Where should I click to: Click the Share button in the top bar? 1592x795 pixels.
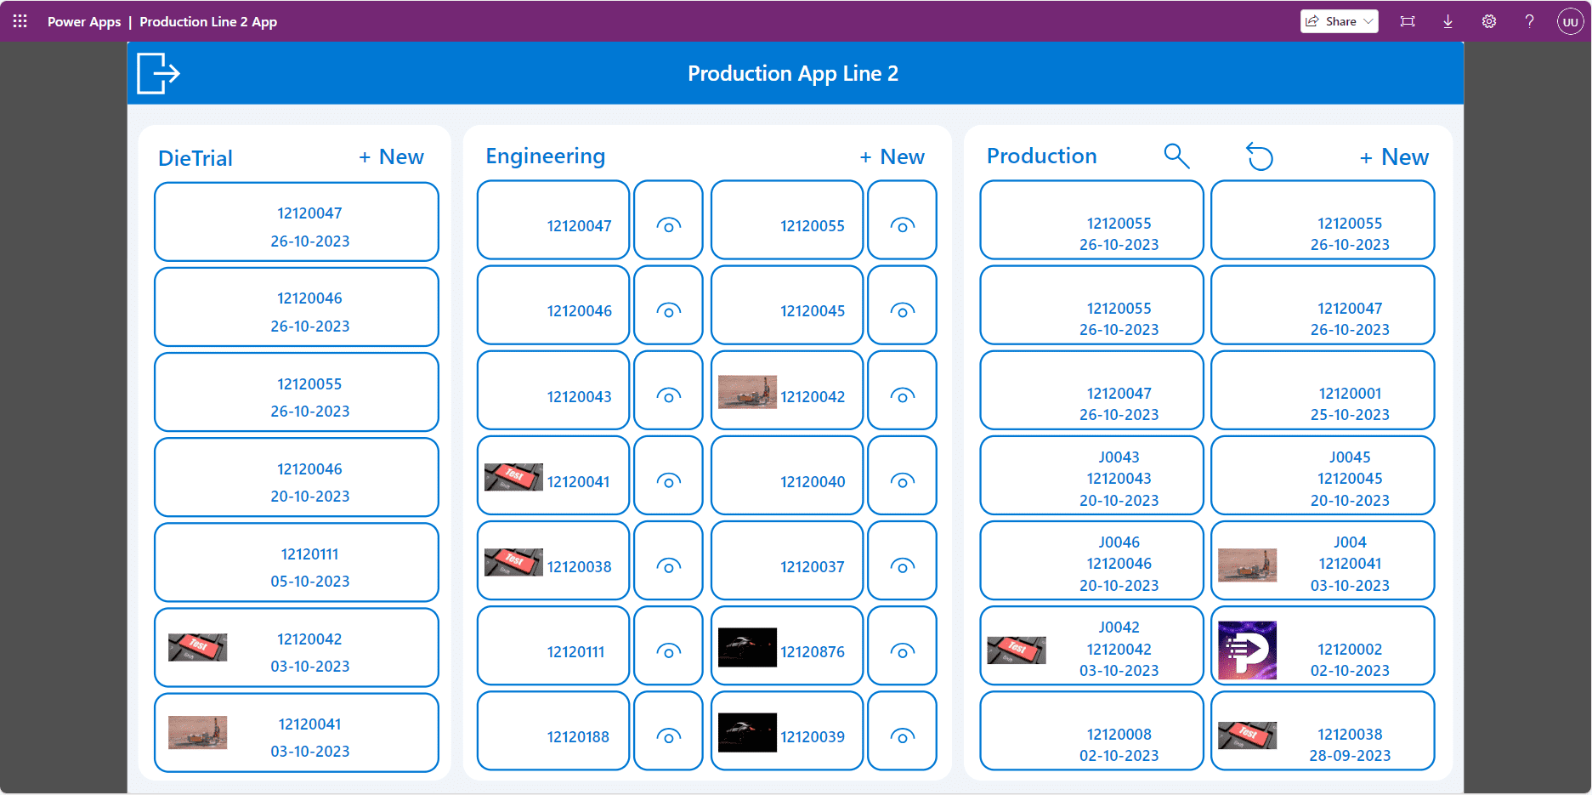[x=1339, y=21]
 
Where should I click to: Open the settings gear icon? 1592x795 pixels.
[x=1489, y=21]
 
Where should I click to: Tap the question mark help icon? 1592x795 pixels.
[x=1529, y=21]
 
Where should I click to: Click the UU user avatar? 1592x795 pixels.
[x=1570, y=21]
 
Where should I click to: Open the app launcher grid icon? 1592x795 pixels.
[x=20, y=21]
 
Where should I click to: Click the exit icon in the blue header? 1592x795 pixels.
[x=158, y=73]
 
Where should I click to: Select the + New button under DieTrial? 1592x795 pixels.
[x=391, y=157]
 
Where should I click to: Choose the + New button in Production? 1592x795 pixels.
[x=1394, y=157]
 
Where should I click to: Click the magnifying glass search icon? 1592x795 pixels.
[x=1176, y=156]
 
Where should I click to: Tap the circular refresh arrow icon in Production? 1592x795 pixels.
[x=1260, y=156]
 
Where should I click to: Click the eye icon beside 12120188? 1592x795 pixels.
[x=669, y=736]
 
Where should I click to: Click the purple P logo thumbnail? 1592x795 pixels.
[x=1247, y=650]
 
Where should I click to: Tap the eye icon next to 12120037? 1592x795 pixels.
[x=903, y=566]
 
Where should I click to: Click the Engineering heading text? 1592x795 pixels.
[x=546, y=156]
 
